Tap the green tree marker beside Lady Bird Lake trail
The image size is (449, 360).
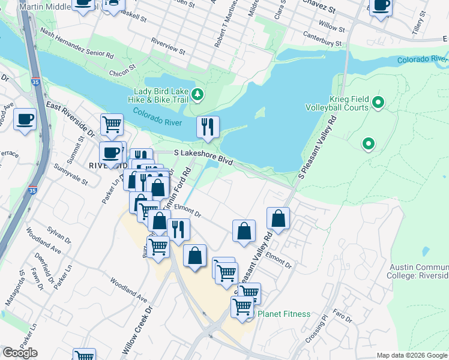click(198, 95)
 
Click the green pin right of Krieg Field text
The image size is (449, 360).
click(378, 103)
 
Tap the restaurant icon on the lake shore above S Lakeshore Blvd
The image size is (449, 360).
click(208, 127)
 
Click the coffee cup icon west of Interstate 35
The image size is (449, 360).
click(25, 119)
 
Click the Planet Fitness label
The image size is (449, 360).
click(284, 314)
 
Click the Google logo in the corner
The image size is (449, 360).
click(20, 353)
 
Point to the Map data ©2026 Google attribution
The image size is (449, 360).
click(411, 355)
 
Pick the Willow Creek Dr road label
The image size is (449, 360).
click(137, 330)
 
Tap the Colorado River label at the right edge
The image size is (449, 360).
click(423, 60)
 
